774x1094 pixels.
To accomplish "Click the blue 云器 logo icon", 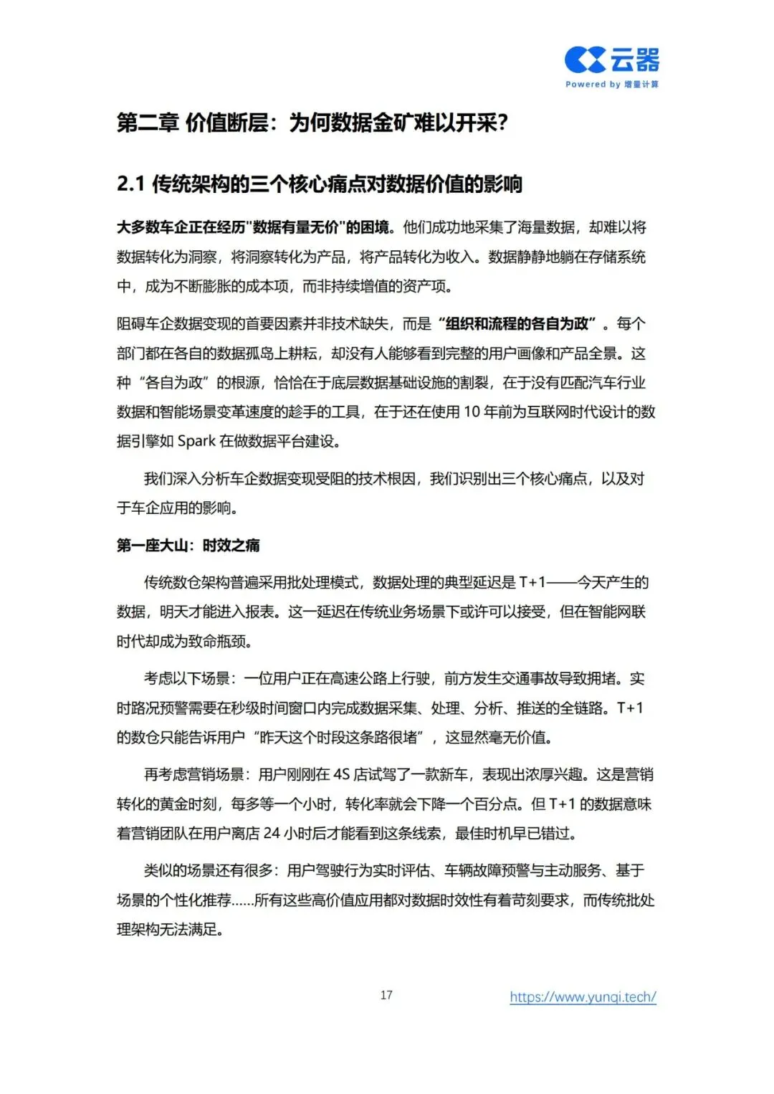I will tap(586, 60).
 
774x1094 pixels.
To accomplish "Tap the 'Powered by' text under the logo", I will tap(593, 85).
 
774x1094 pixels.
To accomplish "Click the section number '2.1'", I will tap(130, 184).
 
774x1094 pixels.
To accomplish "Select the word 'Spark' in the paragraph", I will tap(196, 442).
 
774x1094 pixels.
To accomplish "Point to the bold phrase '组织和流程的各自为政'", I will tap(517, 324).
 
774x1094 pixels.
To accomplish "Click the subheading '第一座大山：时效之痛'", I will tap(188, 546).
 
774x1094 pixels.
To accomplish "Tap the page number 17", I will tap(386, 995).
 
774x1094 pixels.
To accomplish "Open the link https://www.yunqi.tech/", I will tap(583, 997).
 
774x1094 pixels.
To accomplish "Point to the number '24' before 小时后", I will tap(272, 834).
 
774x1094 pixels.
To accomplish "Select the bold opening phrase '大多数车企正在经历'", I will tap(181, 228).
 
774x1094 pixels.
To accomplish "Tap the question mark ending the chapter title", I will tap(502, 123).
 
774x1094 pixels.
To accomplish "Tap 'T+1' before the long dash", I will tap(532, 583).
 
